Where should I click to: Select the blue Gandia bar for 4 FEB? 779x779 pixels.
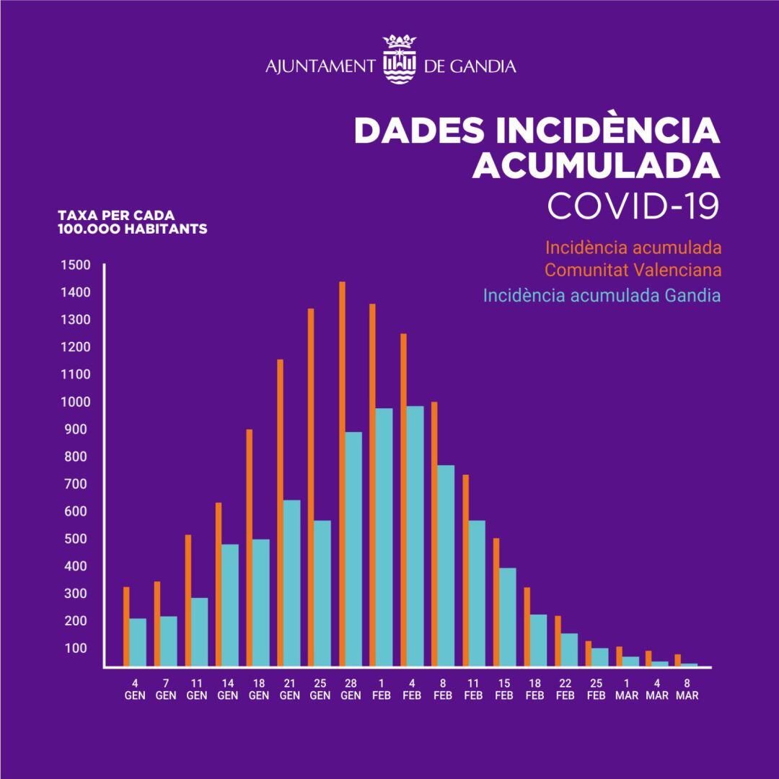pyautogui.click(x=414, y=537)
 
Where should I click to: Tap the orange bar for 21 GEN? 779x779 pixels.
pyautogui.click(x=280, y=513)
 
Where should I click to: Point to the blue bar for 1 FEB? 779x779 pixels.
pyautogui.click(x=384, y=537)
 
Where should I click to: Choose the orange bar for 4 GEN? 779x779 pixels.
pyautogui.click(x=126, y=627)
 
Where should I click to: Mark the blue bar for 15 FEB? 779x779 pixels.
pyautogui.click(x=508, y=617)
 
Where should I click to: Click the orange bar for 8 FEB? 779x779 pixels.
pyautogui.click(x=434, y=534)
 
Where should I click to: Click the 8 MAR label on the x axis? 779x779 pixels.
pyautogui.click(x=687, y=690)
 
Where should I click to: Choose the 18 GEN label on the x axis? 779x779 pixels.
pyautogui.click(x=258, y=690)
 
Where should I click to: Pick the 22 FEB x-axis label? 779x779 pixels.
pyautogui.click(x=565, y=690)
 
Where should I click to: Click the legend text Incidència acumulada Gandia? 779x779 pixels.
pyautogui.click(x=602, y=296)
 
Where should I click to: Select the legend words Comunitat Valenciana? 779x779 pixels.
pyautogui.click(x=633, y=271)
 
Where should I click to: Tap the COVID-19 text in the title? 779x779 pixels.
pyautogui.click(x=633, y=206)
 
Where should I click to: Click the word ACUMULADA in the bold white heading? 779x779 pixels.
pyautogui.click(x=595, y=164)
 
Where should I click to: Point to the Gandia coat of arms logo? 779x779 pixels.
pyautogui.click(x=397, y=58)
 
